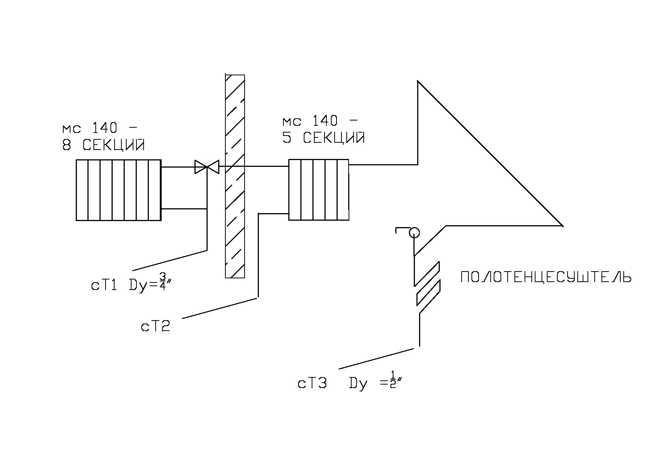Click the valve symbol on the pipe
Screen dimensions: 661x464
(x=207, y=167)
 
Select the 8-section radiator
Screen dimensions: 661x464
(x=119, y=190)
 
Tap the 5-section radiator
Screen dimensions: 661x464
(x=319, y=189)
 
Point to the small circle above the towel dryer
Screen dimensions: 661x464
(x=414, y=233)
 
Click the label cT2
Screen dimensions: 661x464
(x=156, y=326)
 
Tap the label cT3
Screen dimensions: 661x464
(x=312, y=383)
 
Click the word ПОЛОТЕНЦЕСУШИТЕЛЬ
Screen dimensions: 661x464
(x=546, y=277)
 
